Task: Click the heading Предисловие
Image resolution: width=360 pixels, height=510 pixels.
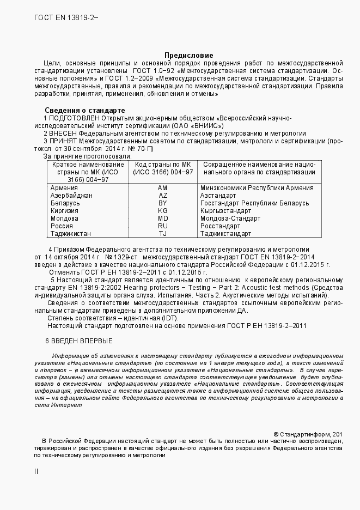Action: (x=189, y=56)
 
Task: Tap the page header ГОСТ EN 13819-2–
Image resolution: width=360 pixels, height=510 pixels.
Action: (x=66, y=17)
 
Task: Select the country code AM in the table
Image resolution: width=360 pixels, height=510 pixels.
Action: (x=163, y=187)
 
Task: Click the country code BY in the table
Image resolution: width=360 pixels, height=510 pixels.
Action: (x=163, y=203)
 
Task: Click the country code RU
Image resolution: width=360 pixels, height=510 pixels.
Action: (x=163, y=226)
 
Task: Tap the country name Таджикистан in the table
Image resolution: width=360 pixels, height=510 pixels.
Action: (x=71, y=233)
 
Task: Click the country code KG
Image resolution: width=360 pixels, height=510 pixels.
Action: (x=163, y=210)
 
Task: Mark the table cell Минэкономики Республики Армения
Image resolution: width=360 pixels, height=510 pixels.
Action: (x=257, y=187)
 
